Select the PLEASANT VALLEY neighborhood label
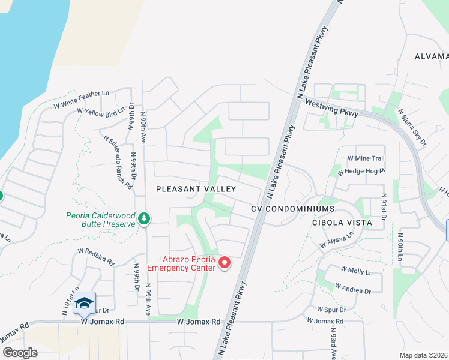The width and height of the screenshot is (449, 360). (196, 188)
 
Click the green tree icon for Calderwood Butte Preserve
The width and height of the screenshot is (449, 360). (143, 219)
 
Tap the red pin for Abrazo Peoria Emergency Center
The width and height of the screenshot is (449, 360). (225, 263)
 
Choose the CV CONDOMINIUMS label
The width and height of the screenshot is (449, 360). (292, 208)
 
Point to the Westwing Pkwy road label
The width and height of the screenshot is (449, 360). (332, 107)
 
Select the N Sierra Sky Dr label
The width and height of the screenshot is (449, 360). (412, 127)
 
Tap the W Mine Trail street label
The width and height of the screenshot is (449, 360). (366, 158)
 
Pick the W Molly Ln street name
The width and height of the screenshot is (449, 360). (357, 271)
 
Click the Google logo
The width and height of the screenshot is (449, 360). (20, 353)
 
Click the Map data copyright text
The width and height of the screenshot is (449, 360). (424, 355)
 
